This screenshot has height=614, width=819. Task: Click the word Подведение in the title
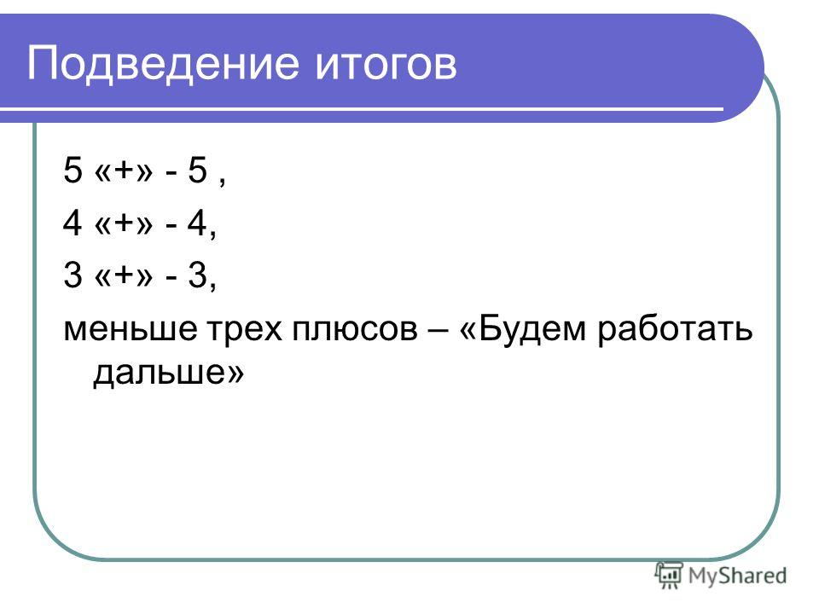[x=163, y=64]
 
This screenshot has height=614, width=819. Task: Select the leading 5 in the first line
[x=73, y=171]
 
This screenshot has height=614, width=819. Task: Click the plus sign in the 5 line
[x=125, y=171]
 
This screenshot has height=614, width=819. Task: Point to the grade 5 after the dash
[x=197, y=171]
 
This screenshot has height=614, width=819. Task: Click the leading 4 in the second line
[x=73, y=223]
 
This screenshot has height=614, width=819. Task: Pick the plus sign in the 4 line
[x=125, y=223]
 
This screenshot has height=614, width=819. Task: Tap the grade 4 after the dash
[x=197, y=223]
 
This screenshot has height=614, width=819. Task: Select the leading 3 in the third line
[x=73, y=275]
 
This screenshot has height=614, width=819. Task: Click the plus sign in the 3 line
[x=125, y=275]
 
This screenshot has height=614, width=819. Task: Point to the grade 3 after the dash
[x=197, y=275]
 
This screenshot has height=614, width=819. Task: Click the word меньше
[x=131, y=329]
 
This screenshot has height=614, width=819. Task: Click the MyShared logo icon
[x=669, y=575]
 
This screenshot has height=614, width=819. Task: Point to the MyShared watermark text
[x=737, y=576]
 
